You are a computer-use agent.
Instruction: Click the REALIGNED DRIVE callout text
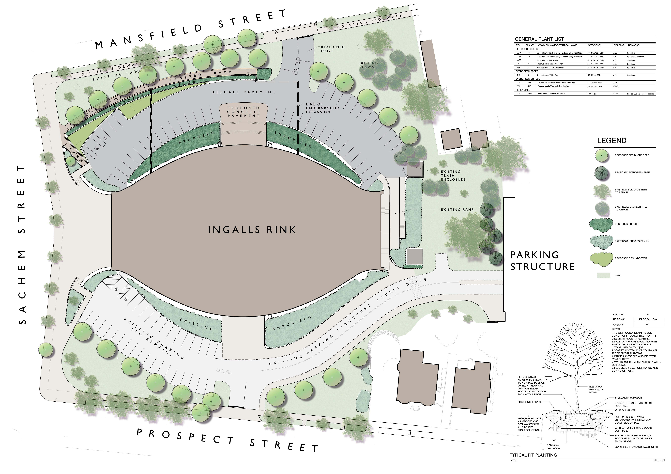pyautogui.click(x=333, y=49)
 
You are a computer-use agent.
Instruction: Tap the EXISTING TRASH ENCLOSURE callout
pyautogui.click(x=453, y=175)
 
